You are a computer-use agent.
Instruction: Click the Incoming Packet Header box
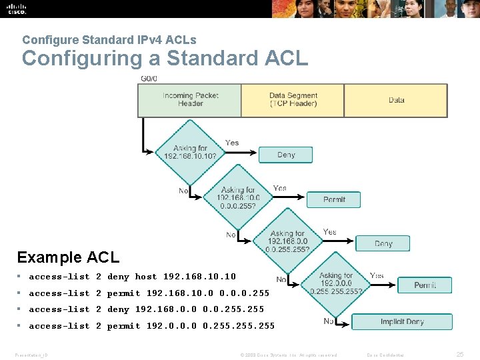[190, 100]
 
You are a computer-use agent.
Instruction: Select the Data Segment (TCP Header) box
[293, 100]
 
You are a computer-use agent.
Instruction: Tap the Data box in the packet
[396, 100]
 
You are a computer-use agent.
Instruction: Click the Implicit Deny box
[401, 322]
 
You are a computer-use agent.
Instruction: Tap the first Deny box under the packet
[286, 155]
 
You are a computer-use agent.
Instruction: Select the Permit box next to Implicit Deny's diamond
[425, 285]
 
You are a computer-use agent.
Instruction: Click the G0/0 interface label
[149, 79]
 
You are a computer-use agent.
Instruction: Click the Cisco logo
[15, 9]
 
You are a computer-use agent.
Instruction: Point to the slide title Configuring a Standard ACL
[165, 59]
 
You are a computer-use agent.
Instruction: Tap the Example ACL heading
[68, 257]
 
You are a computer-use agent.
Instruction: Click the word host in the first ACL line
[146, 277]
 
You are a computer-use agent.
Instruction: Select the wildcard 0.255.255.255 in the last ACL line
[239, 326]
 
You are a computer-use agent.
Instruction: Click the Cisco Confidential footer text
[387, 355]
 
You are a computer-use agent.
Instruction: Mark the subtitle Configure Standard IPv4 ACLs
[109, 40]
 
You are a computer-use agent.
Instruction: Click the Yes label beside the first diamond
[232, 143]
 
